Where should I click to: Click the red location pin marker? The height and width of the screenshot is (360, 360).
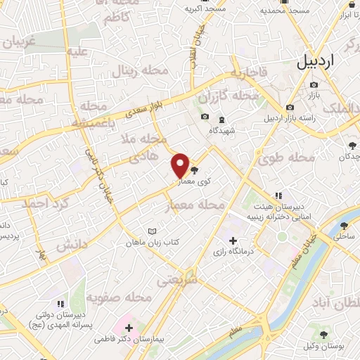tap(181, 165)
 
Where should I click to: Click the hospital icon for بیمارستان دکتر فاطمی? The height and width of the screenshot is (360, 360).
tap(129, 327)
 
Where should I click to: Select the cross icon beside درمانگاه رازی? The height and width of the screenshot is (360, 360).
tap(233, 241)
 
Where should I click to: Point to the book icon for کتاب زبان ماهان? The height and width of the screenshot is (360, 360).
tap(153, 231)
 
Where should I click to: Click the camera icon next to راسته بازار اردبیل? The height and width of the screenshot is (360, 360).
tap(290, 107)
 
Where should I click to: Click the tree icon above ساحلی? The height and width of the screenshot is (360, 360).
tap(344, 226)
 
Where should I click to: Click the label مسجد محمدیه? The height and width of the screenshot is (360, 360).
tap(284, 11)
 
